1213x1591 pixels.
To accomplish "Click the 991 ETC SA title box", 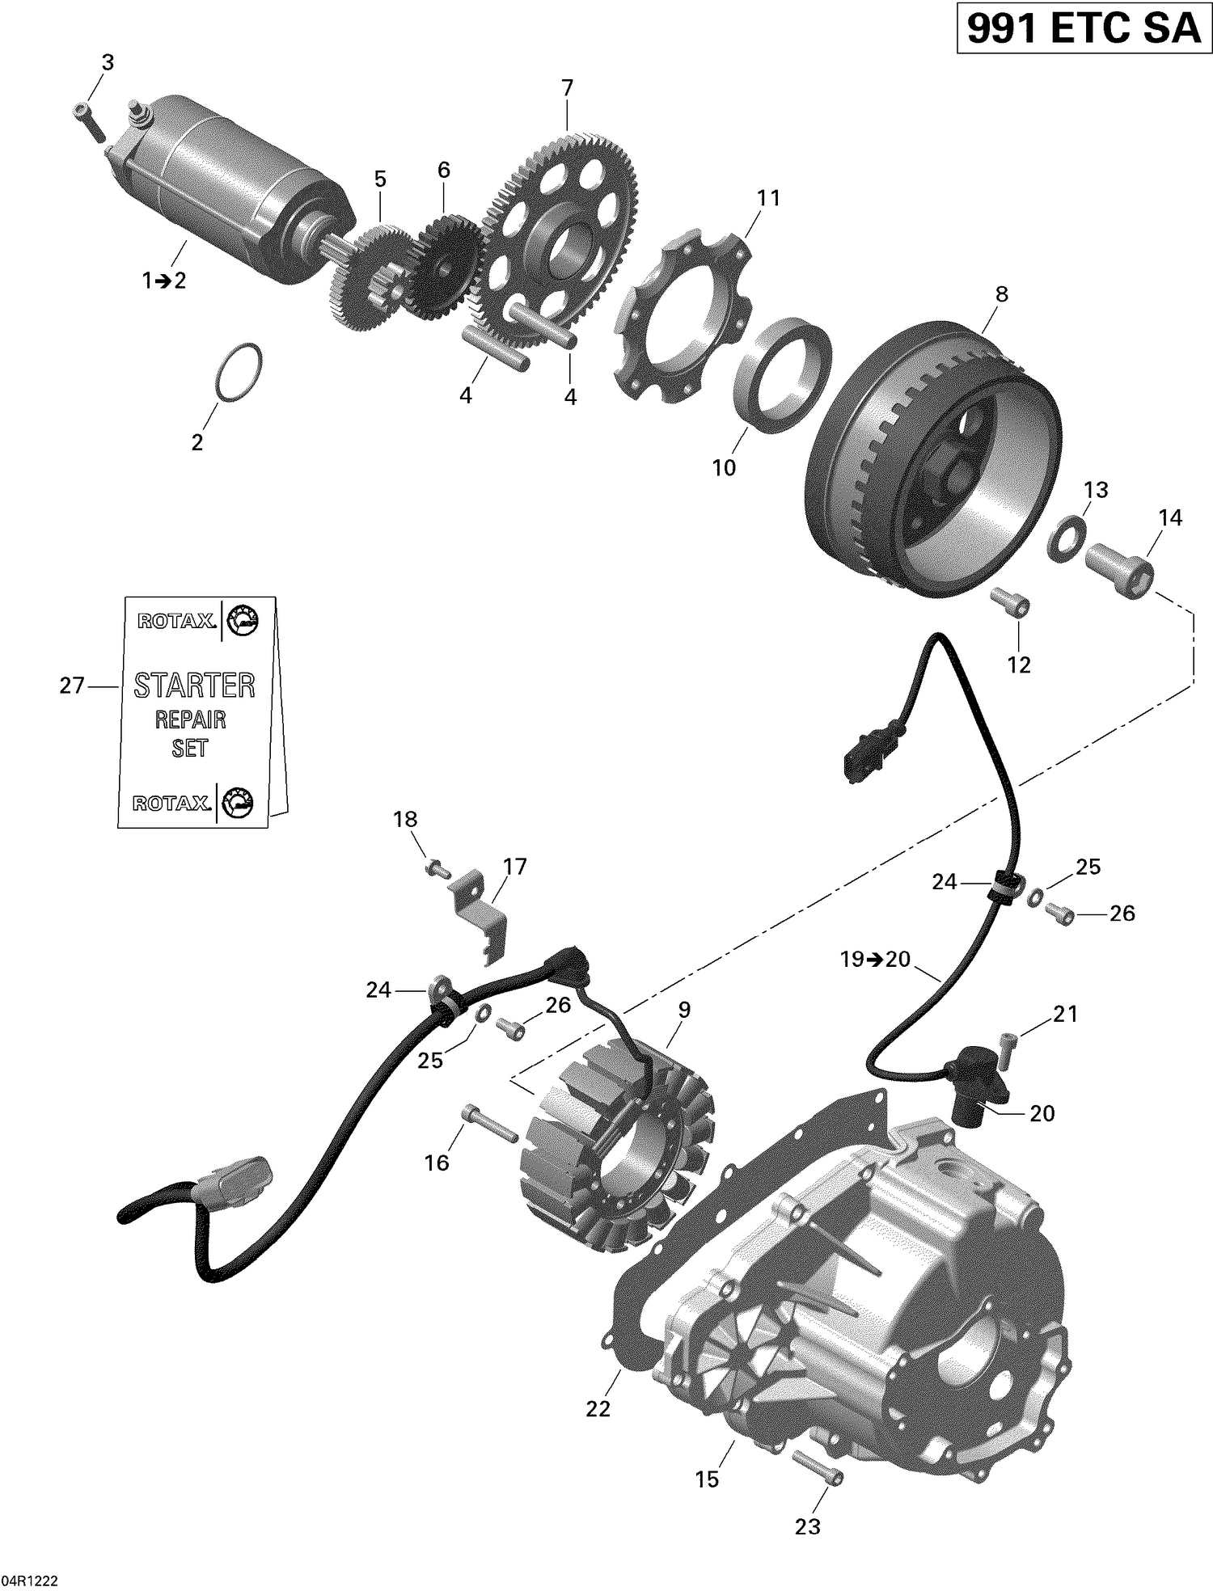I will (1084, 29).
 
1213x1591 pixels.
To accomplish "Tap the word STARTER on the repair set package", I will (194, 686).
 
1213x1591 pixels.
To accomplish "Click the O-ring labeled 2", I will (240, 372).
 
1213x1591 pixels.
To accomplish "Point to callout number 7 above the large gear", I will (567, 87).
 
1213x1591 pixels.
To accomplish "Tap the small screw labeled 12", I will (1012, 603).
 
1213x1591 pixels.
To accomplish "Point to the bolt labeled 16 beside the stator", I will (490, 1124).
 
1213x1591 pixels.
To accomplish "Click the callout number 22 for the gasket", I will (598, 1408).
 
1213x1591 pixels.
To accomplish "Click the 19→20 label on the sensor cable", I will (875, 960).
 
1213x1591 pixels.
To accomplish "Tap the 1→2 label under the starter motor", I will (164, 281).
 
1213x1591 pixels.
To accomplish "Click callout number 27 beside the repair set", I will (71, 686).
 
